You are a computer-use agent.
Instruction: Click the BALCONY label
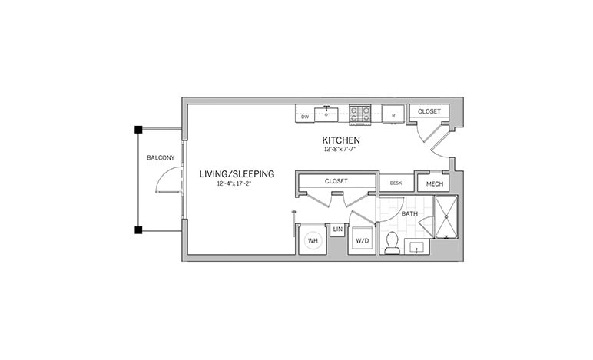pos(161,158)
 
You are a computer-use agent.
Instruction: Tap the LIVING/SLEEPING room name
pos(237,174)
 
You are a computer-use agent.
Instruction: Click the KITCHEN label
pos(340,141)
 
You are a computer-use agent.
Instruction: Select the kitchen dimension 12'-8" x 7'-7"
pos(340,150)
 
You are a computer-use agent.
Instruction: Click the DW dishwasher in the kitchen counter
pos(305,117)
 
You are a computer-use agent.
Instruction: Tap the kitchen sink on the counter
pos(329,114)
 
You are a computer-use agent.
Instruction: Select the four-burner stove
pos(359,114)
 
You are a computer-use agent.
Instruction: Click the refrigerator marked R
pos(393,115)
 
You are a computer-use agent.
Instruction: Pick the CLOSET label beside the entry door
pos(429,111)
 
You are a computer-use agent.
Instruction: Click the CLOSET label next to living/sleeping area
pos(336,181)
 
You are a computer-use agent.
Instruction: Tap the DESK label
pos(396,183)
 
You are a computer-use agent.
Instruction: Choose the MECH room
pos(434,183)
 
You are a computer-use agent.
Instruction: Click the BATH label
pos(410,213)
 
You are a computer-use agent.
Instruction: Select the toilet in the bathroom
pos(392,243)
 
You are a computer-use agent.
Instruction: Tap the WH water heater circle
pos(313,240)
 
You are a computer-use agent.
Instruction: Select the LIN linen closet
pos(337,229)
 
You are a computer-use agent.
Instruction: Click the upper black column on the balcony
pos(137,129)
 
